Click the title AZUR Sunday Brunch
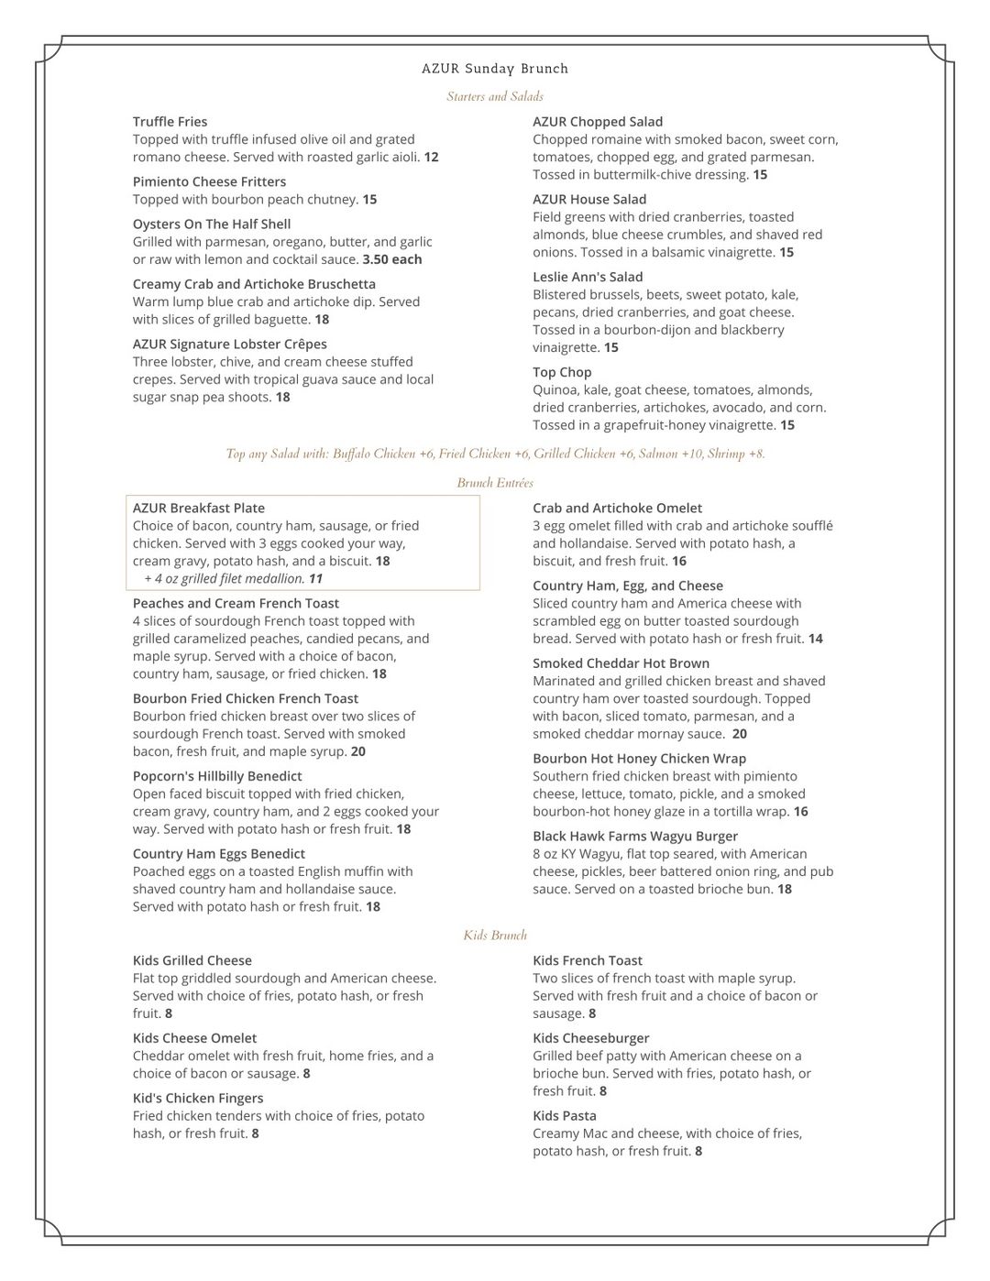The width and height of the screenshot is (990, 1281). [495, 69]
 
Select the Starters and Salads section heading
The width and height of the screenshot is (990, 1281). [495, 96]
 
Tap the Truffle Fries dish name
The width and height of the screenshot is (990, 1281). [170, 122]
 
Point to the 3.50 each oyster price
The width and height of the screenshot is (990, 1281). [392, 259]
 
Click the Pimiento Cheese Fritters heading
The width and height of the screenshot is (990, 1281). [209, 181]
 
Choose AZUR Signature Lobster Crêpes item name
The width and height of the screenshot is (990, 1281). [229, 345]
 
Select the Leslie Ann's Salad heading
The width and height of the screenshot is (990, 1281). [588, 277]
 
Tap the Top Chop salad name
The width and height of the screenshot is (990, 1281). [562, 372]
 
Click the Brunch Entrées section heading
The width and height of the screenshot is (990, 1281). [495, 483]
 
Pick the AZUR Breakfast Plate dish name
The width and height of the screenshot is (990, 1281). [198, 509]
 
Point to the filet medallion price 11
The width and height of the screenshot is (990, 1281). [315, 579]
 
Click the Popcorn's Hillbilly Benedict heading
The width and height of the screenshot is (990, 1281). [217, 776]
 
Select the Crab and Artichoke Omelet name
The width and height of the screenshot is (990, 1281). [617, 509]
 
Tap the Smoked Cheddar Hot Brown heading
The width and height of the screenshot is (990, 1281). [621, 663]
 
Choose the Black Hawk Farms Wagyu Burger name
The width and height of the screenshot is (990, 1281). [635, 837]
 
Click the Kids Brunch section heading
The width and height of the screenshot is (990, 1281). [495, 936]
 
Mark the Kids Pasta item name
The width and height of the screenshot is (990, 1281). [565, 1116]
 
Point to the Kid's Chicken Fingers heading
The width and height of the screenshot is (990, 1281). [198, 1099]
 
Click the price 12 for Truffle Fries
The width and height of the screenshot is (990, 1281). [431, 158]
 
